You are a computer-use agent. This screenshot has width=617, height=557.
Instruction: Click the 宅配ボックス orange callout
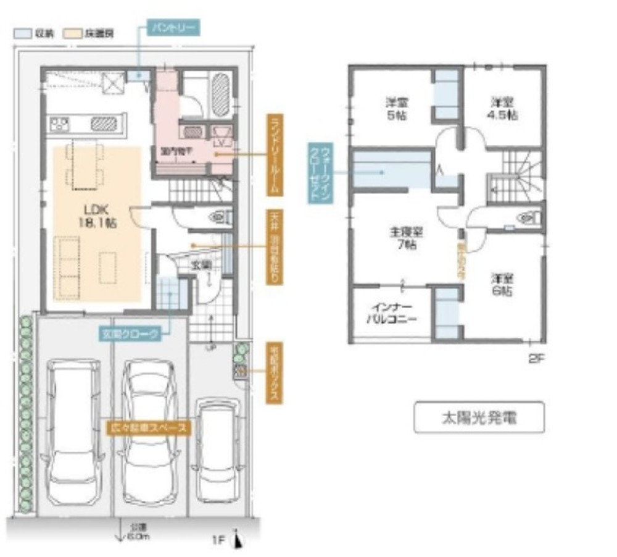273,374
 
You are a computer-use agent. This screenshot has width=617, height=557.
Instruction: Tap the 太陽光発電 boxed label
478,417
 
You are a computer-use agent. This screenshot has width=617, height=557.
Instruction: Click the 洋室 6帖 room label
501,285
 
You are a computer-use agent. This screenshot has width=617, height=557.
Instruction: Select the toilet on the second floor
529,217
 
